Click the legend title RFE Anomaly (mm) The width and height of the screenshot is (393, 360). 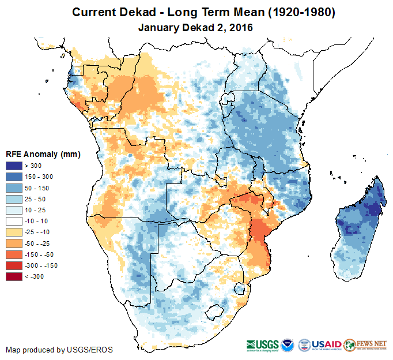tap(43, 155)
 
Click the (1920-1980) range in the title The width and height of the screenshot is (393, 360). tap(292, 12)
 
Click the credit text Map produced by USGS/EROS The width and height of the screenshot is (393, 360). tap(59, 350)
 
